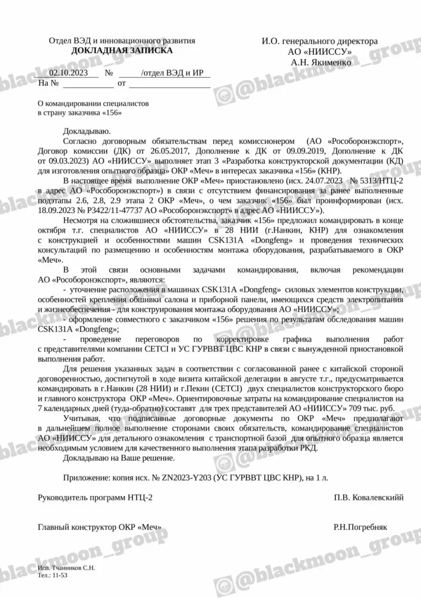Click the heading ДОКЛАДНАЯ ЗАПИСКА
pyautogui.click(x=122, y=51)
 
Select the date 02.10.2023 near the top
pyautogui.click(x=67, y=73)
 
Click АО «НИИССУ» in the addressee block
pyautogui.click(x=319, y=52)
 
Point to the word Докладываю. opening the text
pyautogui.click(x=87, y=130)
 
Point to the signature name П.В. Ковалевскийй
pyautogui.click(x=368, y=497)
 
